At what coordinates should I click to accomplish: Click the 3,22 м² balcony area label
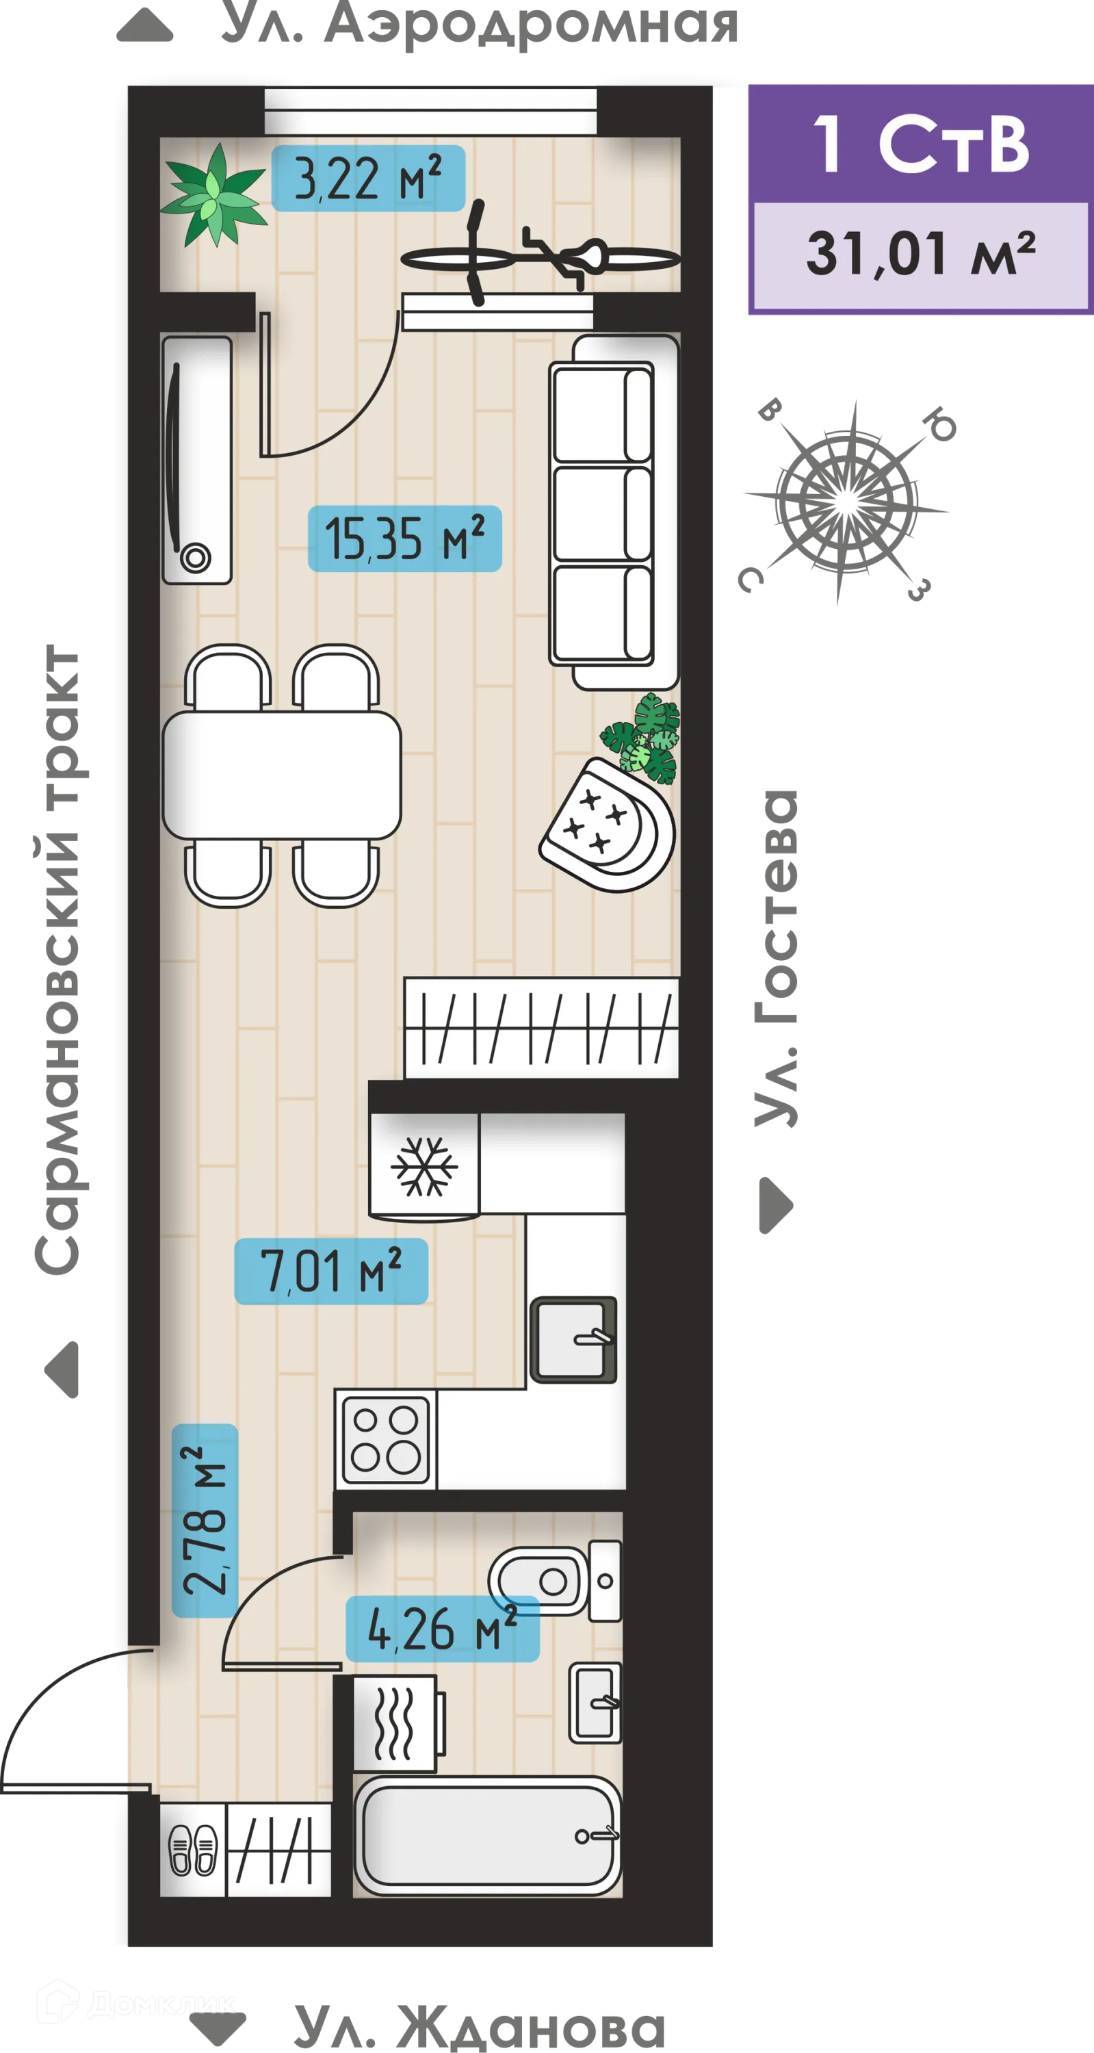click(x=367, y=179)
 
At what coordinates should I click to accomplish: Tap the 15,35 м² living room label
click(x=405, y=539)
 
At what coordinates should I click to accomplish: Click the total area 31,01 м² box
click(x=920, y=255)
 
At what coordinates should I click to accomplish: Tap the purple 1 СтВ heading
click(x=920, y=144)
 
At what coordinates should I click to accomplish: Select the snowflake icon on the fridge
click(x=424, y=1166)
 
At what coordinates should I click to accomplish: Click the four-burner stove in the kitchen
click(x=386, y=1439)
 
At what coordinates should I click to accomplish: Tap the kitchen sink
click(x=574, y=1339)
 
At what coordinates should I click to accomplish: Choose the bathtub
click(x=487, y=1835)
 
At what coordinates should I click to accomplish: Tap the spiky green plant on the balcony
click(x=213, y=194)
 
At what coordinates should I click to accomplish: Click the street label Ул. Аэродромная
click(x=478, y=24)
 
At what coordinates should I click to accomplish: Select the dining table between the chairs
click(x=281, y=775)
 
